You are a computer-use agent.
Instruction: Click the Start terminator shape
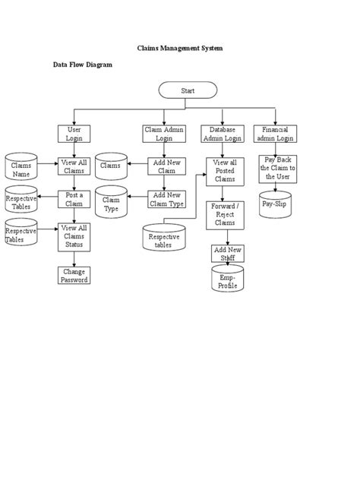point(188,90)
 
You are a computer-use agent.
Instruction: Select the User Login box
point(74,134)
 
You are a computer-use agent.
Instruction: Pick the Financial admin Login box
point(276,134)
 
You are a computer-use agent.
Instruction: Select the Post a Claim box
point(74,200)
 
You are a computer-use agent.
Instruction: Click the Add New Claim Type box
point(166,200)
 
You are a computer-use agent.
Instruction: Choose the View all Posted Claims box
point(224,172)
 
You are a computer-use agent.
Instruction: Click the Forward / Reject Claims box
point(224,216)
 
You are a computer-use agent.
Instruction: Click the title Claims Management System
point(180,48)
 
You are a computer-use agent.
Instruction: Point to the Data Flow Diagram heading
point(82,65)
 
